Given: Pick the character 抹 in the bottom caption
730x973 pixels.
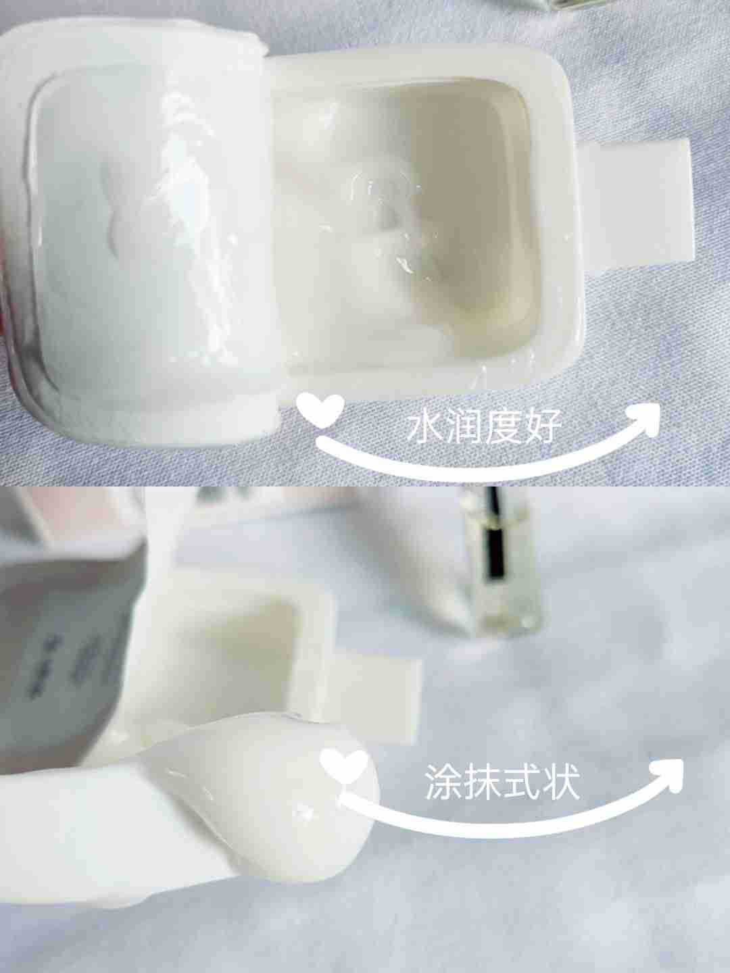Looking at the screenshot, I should click(484, 781).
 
